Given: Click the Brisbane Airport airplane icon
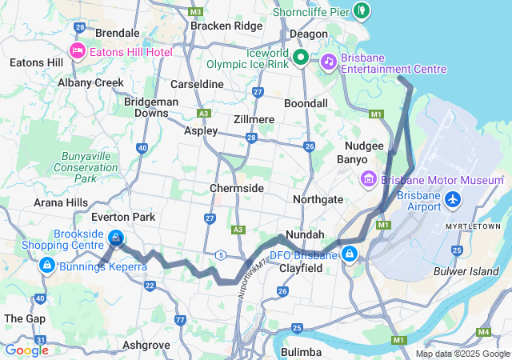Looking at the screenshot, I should (454, 198).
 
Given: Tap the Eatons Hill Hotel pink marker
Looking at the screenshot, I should (78, 52).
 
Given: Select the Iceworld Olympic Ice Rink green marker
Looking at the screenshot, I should (301, 57).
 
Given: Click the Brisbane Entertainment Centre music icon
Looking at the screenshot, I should (328, 62).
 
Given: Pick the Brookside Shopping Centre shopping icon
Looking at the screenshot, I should (116, 238).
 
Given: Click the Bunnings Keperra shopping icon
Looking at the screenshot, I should (46, 264).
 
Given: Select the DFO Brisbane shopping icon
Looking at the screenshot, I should (349, 254).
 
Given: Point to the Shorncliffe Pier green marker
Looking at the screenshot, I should (362, 10).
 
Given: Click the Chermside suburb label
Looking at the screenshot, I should (237, 188).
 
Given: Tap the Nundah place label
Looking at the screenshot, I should (306, 234).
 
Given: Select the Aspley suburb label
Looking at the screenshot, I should (201, 130).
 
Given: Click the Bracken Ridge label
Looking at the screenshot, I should (226, 26).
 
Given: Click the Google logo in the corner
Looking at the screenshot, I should (26, 350).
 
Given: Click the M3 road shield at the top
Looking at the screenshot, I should (197, 12).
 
